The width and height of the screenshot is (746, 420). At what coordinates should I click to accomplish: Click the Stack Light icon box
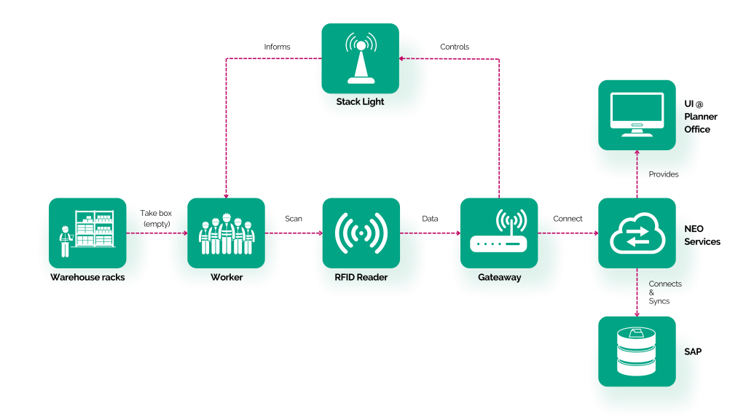[360, 58]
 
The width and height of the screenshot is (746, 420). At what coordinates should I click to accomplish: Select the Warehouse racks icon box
[87, 233]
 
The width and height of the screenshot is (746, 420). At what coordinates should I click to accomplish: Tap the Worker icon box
[226, 233]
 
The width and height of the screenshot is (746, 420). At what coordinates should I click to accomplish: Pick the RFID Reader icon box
[361, 233]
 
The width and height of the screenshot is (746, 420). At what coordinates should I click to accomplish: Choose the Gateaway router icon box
[499, 233]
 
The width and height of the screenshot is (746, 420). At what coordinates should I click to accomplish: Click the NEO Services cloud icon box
[637, 233]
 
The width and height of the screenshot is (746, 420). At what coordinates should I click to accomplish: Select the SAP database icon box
[637, 351]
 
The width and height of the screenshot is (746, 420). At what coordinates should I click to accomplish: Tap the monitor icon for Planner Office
[637, 115]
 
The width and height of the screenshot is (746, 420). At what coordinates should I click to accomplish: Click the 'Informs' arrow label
[277, 47]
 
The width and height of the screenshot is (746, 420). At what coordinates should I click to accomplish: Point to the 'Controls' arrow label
[455, 47]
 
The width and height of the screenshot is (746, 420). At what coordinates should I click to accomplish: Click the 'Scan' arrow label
[294, 219]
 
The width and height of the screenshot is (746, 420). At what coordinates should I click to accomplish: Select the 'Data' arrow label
[430, 219]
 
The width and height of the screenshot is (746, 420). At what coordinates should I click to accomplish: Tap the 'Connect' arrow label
[568, 219]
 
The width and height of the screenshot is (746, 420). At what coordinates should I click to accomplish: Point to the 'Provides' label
[664, 174]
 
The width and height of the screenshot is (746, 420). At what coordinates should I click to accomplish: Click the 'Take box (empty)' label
[156, 219]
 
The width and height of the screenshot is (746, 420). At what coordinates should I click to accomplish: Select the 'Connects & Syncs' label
[665, 292]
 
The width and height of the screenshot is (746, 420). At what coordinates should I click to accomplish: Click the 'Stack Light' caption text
[360, 101]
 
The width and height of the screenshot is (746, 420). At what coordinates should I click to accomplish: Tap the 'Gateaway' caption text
[500, 277]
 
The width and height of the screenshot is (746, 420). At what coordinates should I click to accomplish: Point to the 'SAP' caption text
[693, 351]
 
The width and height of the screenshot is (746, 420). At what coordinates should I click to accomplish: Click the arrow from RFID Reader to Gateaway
[430, 233]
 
